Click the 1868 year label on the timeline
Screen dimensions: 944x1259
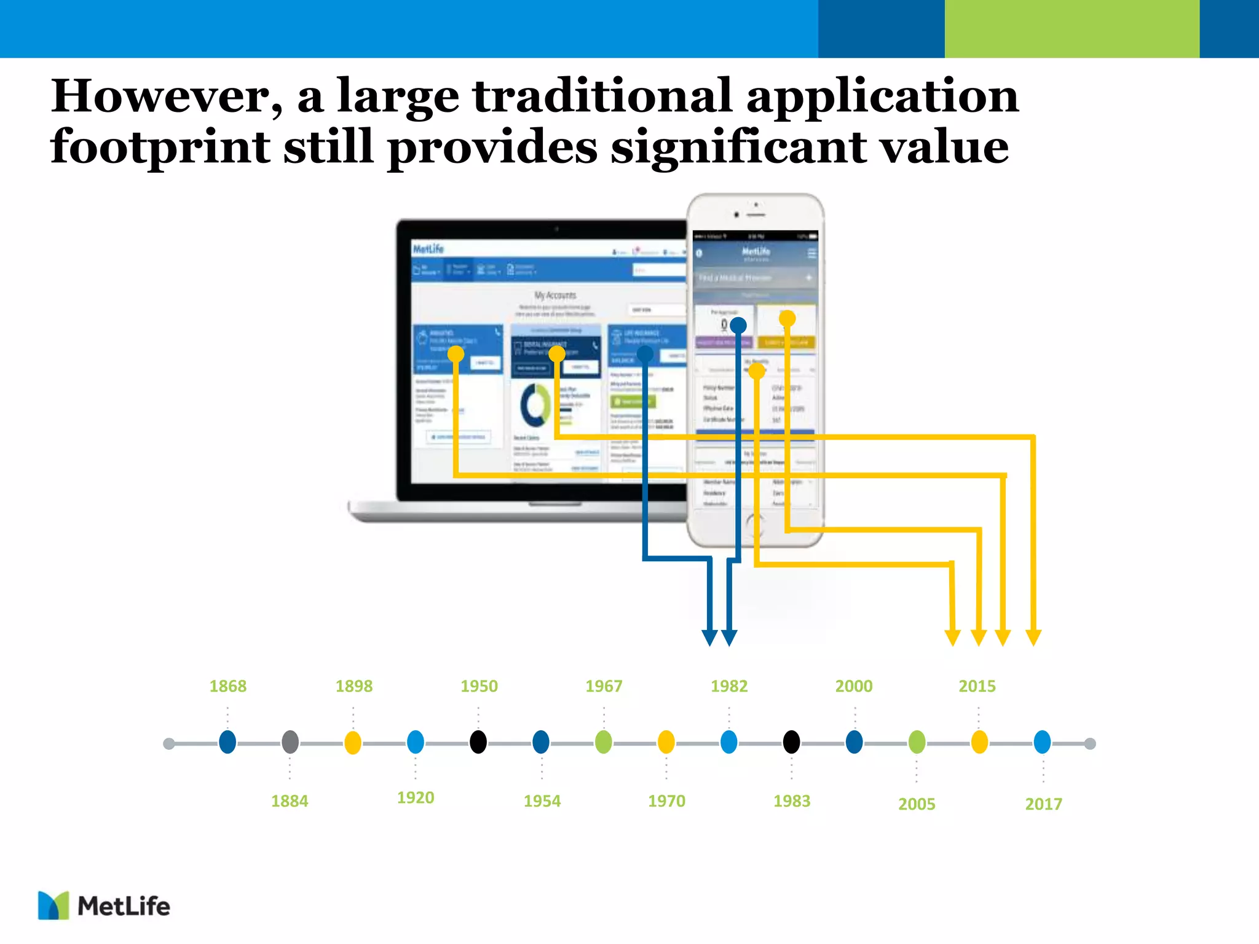(x=227, y=686)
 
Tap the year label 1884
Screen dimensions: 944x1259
(x=290, y=801)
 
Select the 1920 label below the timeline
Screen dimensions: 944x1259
(x=416, y=798)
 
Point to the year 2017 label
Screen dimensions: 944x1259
(x=1043, y=804)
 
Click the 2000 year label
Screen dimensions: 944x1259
(x=854, y=686)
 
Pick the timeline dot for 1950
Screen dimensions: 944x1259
(x=478, y=742)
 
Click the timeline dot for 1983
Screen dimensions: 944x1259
(x=792, y=742)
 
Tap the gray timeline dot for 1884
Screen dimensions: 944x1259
(x=290, y=742)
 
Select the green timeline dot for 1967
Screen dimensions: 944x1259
(x=604, y=742)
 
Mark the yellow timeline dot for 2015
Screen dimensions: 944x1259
(x=979, y=742)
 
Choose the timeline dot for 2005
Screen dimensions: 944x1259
(x=917, y=742)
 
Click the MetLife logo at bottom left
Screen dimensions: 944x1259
(x=104, y=906)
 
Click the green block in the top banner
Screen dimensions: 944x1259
(x=1072, y=29)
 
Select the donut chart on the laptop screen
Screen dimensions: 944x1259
(x=535, y=404)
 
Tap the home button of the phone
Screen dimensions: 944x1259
(x=755, y=524)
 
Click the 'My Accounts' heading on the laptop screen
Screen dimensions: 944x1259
(x=555, y=295)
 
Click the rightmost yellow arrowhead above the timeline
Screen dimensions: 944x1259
(x=1033, y=637)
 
